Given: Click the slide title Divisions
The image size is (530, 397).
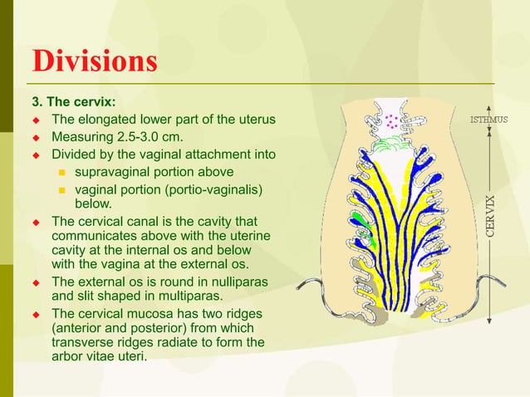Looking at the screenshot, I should (x=93, y=61).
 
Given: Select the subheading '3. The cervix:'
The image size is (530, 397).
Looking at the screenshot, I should (x=73, y=103).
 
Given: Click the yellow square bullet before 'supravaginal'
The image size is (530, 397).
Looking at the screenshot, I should (x=61, y=173).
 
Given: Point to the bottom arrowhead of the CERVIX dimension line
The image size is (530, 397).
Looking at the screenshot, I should (x=490, y=319).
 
